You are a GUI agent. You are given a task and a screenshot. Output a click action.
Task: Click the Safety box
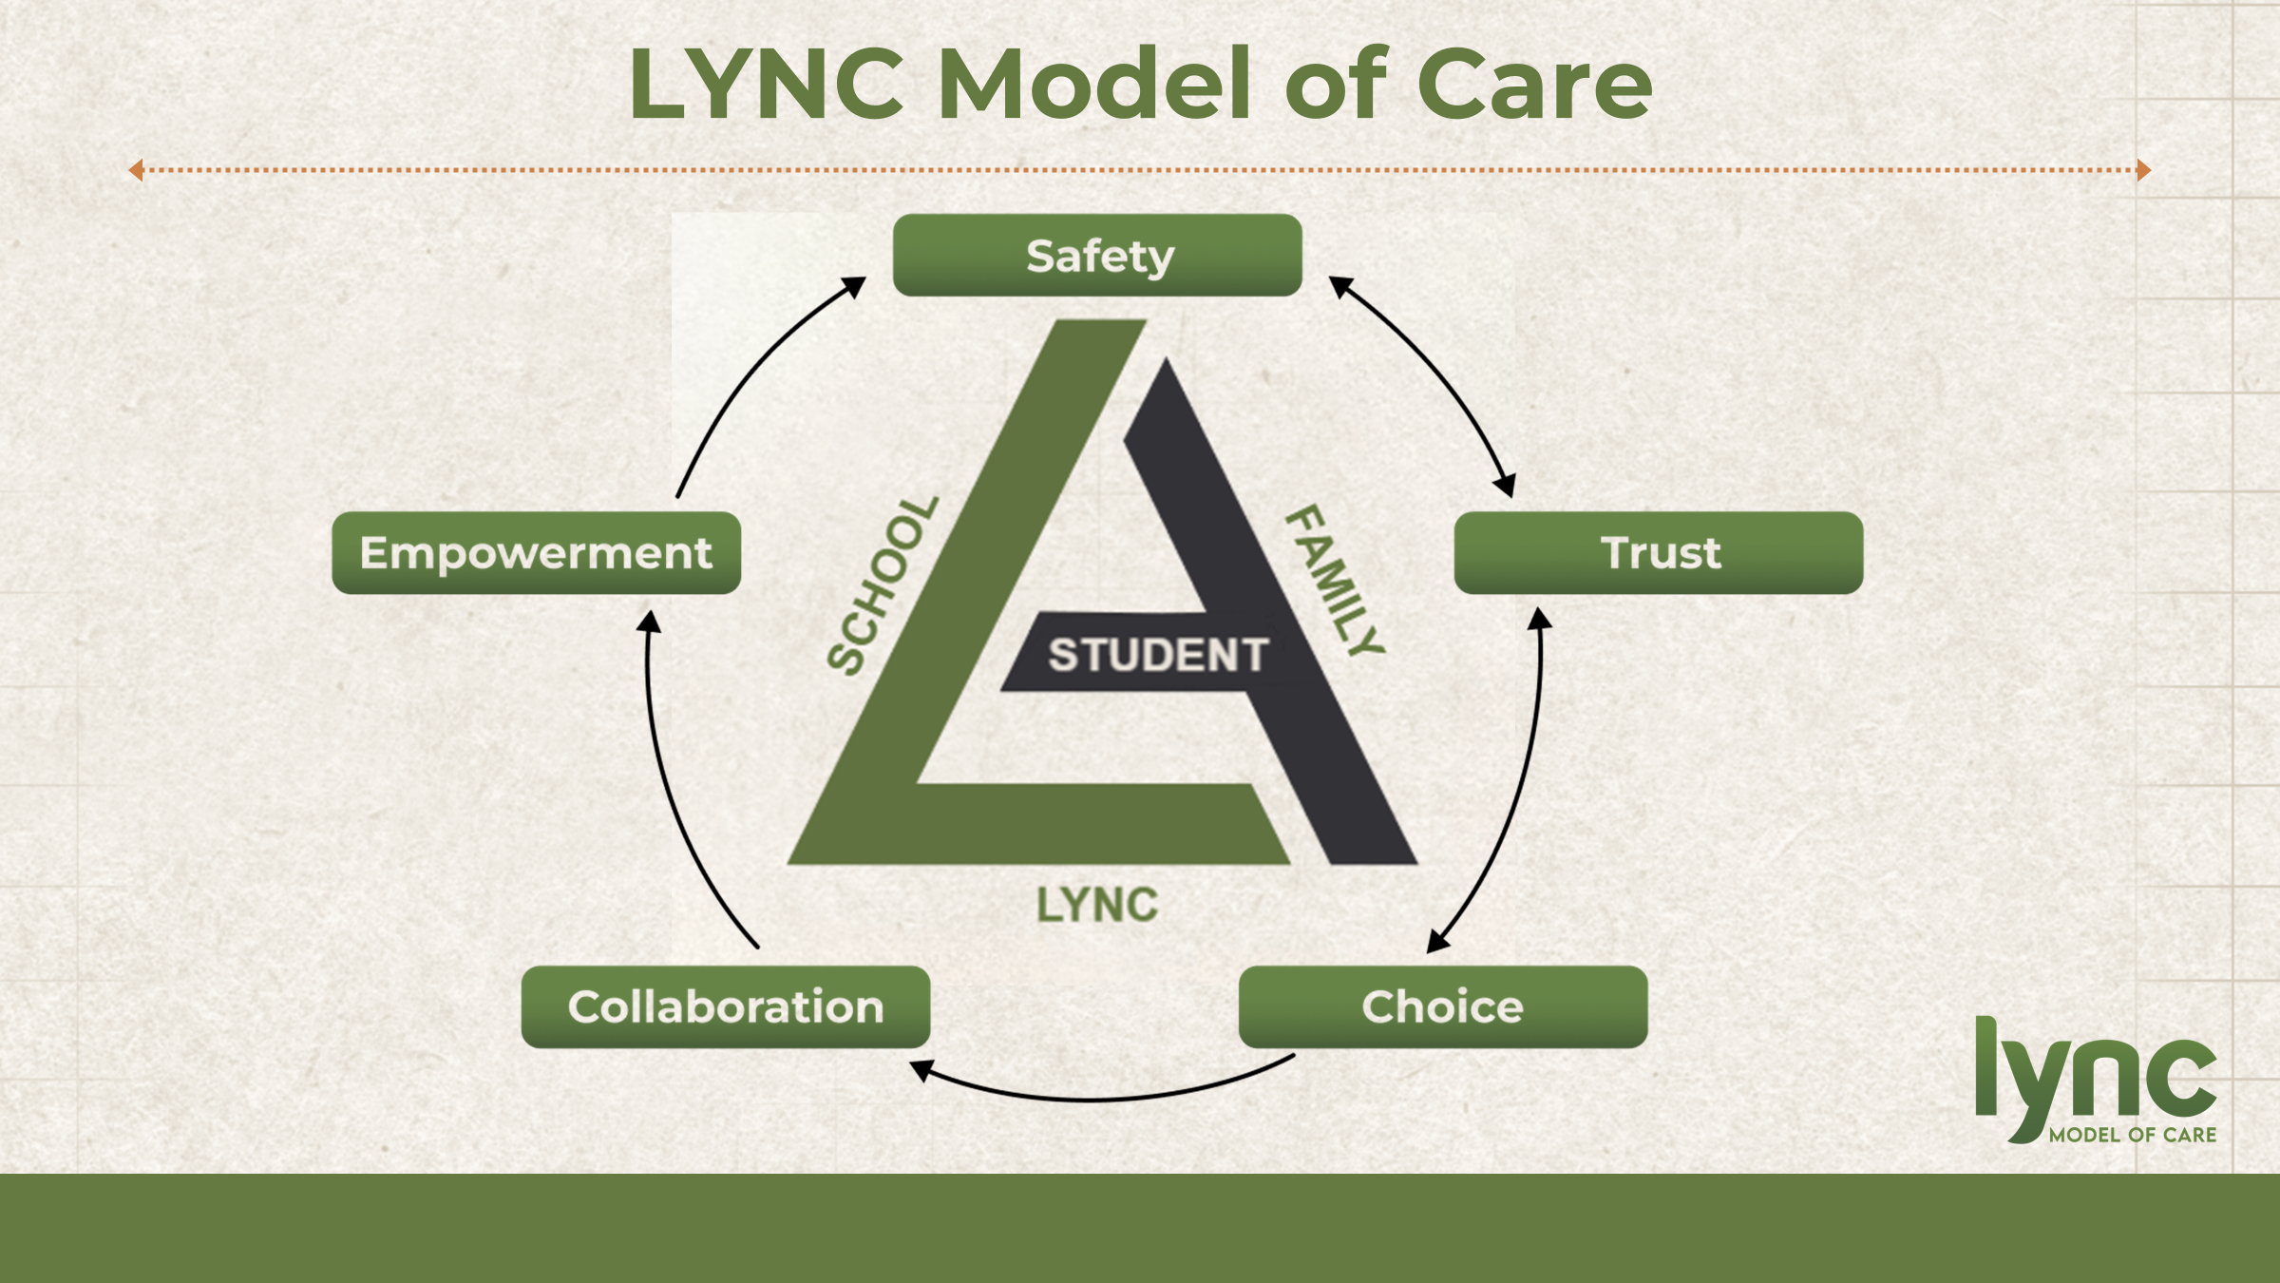(x=1097, y=256)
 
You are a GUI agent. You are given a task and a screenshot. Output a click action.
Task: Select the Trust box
(x=1659, y=553)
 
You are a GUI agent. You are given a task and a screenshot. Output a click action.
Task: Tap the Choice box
(x=1443, y=1007)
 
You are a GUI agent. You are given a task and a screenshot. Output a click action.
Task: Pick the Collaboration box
(x=726, y=1007)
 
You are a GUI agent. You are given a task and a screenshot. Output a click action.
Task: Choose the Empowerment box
(x=536, y=553)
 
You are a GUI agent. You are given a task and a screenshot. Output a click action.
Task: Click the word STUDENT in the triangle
(x=1158, y=656)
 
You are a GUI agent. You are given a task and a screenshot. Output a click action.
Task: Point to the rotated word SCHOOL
(x=883, y=586)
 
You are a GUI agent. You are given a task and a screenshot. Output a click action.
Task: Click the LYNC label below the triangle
(x=1097, y=905)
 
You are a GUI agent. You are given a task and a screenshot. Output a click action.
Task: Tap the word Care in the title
(x=1534, y=86)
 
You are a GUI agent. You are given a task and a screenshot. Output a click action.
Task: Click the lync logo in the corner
(x=2095, y=1074)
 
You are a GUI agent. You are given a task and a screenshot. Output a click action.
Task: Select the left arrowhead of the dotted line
(x=136, y=170)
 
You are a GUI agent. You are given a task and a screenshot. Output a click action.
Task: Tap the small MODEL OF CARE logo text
(x=2133, y=1135)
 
